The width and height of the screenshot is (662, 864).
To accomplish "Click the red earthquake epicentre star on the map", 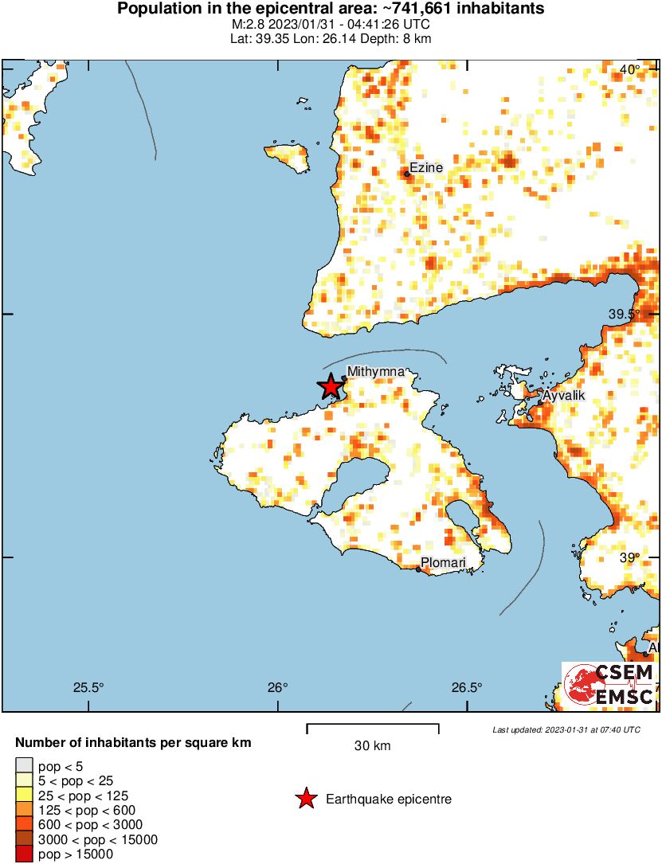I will [331, 386].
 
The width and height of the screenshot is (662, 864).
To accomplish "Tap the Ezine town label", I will [426, 168].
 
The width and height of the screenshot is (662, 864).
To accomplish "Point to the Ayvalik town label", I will [564, 396].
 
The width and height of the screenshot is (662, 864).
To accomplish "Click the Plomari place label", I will [443, 563].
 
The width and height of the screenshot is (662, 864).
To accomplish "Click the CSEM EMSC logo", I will [610, 686].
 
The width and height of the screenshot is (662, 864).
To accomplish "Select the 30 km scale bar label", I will [372, 746].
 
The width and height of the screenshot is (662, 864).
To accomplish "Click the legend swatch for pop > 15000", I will [24, 854].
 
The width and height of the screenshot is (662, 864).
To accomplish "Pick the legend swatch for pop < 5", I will [24, 766].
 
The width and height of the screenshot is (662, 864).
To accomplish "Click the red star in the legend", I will [305, 799].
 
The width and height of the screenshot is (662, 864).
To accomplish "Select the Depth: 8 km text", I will [398, 38].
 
